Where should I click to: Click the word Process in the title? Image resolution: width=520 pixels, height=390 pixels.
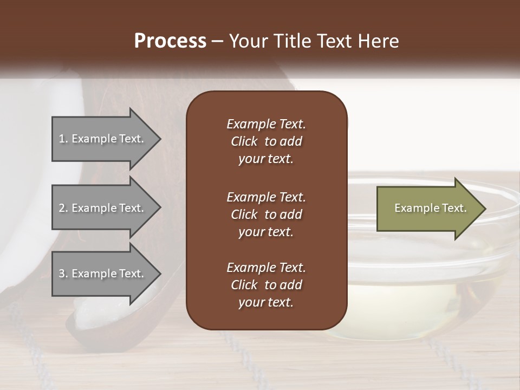170,41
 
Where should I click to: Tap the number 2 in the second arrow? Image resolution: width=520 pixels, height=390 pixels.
61,208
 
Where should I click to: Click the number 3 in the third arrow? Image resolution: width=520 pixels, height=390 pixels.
61,274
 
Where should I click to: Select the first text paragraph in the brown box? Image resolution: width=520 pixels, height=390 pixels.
266,141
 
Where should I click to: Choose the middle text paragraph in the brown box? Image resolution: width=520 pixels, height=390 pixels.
266,214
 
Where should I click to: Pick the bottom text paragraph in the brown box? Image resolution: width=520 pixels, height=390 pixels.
266,285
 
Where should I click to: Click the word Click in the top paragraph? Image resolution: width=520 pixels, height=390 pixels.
244,141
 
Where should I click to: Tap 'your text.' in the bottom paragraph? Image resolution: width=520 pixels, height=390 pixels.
266,302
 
